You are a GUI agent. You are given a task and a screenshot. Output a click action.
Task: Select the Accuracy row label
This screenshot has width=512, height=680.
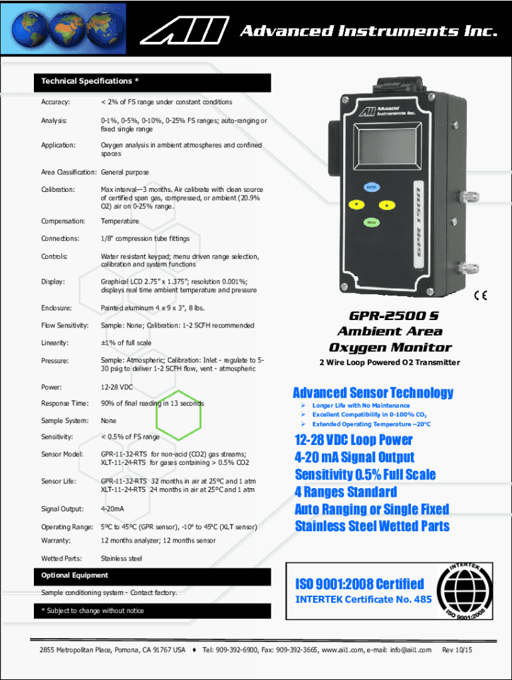[x=56, y=102]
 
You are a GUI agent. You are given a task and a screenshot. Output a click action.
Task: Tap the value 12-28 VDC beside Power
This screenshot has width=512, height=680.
[x=117, y=386]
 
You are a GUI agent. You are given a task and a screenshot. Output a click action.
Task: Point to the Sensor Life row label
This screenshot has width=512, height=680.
[x=59, y=481]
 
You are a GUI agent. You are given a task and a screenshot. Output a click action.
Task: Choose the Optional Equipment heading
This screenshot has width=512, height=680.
[x=74, y=575]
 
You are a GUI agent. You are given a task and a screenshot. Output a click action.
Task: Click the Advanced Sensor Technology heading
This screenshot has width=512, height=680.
[x=373, y=392]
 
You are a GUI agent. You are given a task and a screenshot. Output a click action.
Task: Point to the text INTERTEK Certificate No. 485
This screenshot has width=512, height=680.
[x=363, y=599]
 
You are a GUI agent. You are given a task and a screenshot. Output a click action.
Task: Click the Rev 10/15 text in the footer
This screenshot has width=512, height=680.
[x=457, y=649]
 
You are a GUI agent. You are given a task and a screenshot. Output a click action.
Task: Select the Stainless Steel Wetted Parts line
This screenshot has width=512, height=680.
[x=372, y=526]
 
